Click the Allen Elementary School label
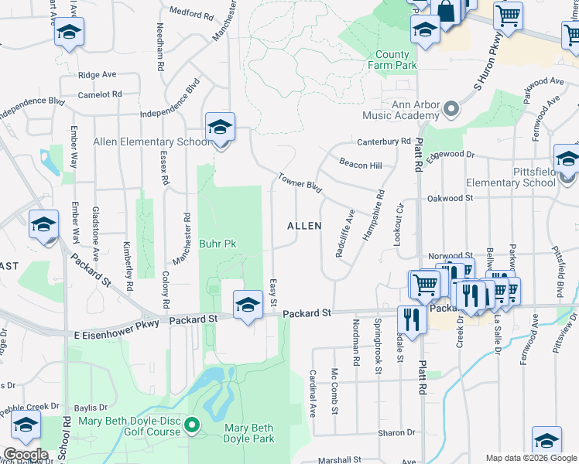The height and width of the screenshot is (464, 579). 151,142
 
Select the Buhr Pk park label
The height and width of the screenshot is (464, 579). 218,244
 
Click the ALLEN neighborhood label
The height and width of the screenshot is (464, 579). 304,226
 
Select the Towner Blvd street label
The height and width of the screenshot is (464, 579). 300,182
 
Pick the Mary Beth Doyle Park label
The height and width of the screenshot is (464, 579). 249,433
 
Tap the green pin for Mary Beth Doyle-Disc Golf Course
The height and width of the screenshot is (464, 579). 194,424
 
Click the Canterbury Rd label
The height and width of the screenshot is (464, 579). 383,142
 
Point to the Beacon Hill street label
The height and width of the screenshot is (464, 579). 361,165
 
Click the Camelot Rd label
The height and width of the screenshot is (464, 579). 101,94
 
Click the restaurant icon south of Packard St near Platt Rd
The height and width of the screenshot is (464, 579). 411,318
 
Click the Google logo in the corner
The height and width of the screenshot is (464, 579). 26,455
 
